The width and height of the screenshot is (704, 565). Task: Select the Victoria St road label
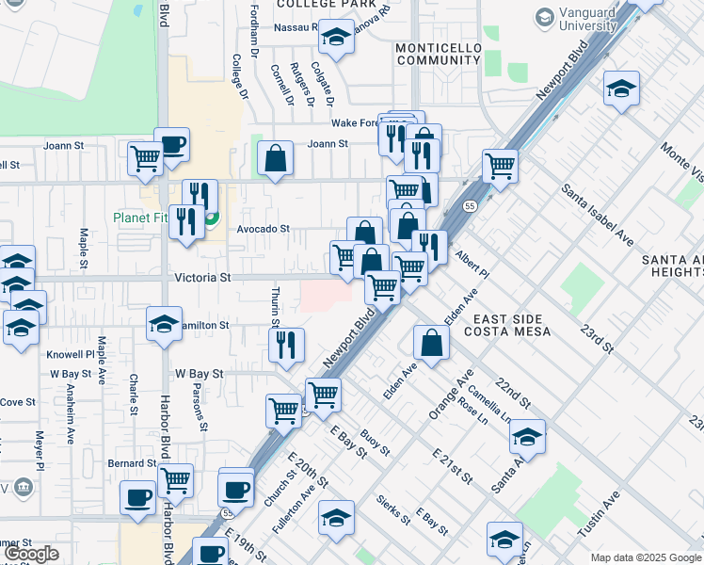click(x=202, y=278)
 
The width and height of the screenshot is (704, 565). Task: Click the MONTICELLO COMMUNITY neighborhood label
click(x=433, y=53)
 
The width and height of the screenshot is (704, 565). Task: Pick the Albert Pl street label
click(x=472, y=264)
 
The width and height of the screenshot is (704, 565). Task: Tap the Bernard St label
click(x=132, y=463)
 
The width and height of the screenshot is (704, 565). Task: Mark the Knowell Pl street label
click(x=72, y=355)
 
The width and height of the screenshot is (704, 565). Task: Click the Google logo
click(x=32, y=555)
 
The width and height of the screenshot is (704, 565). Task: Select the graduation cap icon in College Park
click(x=334, y=37)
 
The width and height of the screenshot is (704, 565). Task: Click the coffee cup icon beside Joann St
click(x=172, y=145)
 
